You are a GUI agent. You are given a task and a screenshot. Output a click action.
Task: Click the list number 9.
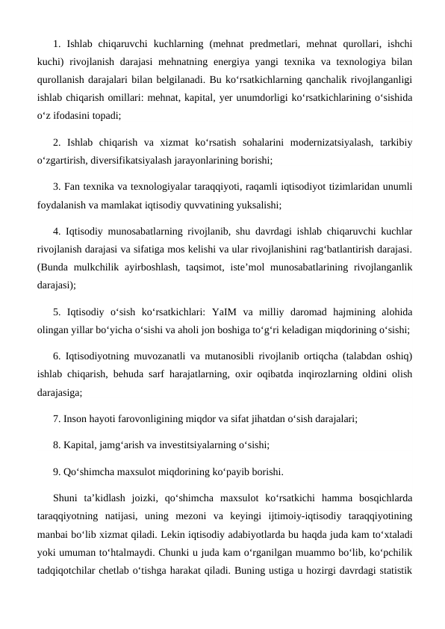tap(57, 471)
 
